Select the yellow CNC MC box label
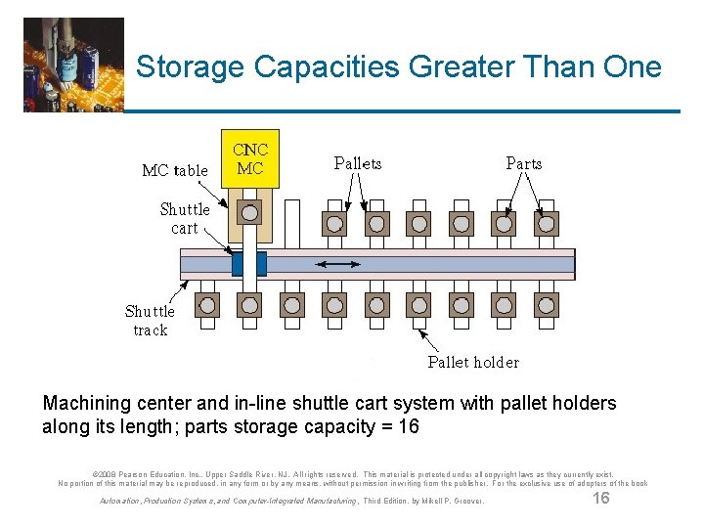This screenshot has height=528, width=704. point(250,159)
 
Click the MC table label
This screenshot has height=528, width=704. point(175,170)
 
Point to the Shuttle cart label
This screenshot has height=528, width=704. point(185,218)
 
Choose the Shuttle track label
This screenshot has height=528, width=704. point(150,321)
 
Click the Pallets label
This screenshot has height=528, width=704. point(358,163)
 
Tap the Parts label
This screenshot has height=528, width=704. point(524,163)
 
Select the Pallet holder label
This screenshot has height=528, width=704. point(473,362)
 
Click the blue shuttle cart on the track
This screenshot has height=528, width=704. point(248,264)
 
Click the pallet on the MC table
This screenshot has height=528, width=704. point(250,213)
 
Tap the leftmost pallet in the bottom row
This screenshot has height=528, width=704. point(206,305)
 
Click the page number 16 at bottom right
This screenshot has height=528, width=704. point(601,499)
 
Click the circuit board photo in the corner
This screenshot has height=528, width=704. point(74,64)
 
